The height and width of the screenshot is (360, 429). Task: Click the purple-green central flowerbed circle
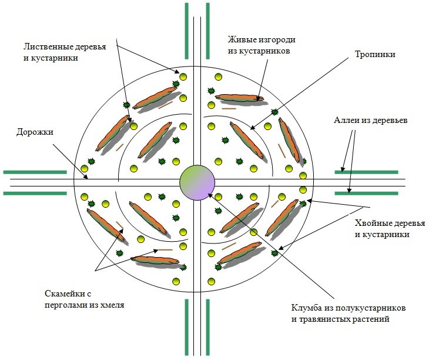coord(198,181)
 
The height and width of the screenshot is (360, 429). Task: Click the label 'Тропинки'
coord(376,55)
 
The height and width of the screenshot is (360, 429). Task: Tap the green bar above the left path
coord(35,172)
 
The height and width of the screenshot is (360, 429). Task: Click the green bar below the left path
coord(35,192)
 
